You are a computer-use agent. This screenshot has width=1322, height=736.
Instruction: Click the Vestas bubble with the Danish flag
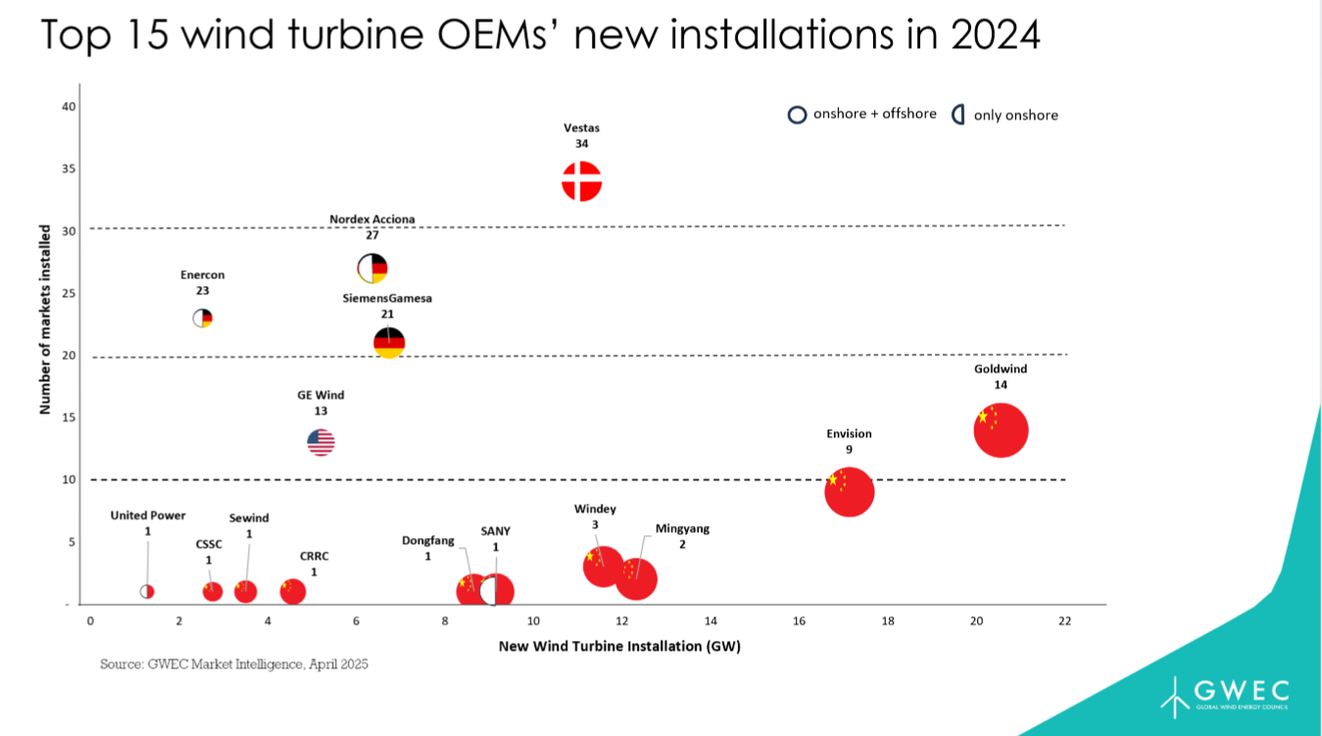click(581, 181)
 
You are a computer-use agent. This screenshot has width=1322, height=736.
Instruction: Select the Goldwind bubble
click(1001, 430)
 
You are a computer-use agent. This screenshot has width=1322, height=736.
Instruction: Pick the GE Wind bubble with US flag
click(321, 442)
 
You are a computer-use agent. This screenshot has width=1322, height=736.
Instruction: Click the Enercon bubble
click(202, 318)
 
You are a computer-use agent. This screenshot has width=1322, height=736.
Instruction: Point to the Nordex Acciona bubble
click(372, 268)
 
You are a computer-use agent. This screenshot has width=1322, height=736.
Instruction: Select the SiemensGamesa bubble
click(389, 342)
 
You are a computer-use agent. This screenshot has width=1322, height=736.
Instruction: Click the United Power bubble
click(147, 591)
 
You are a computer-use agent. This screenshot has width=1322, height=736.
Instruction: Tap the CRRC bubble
click(293, 591)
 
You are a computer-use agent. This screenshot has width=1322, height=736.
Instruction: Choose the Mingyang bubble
click(637, 578)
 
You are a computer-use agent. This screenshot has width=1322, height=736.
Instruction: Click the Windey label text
click(595, 509)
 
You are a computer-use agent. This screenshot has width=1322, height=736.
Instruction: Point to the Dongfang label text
click(428, 540)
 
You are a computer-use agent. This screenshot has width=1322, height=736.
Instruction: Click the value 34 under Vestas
click(581, 143)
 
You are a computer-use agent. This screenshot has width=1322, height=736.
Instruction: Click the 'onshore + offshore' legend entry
click(862, 114)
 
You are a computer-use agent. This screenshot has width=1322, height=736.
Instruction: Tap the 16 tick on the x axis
click(800, 620)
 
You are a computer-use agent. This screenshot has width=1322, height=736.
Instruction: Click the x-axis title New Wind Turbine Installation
click(619, 646)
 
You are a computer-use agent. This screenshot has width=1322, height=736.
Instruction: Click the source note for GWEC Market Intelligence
click(233, 664)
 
